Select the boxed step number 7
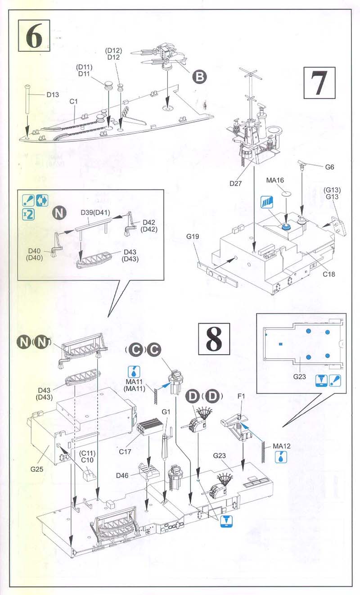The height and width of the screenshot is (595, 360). pyautogui.click(x=319, y=82)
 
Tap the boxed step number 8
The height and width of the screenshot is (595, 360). pyautogui.click(x=214, y=338)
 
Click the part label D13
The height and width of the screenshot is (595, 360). pyautogui.click(x=53, y=95)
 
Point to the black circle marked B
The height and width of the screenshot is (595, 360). pyautogui.click(x=198, y=77)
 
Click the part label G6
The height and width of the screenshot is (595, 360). pyautogui.click(x=330, y=167)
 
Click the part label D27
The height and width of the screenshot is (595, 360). pyautogui.click(x=236, y=183)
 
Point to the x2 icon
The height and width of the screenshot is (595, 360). pyautogui.click(x=28, y=214)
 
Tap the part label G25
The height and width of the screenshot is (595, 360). pyautogui.click(x=37, y=469)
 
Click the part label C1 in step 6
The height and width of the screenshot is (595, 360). pyautogui.click(x=74, y=101)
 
